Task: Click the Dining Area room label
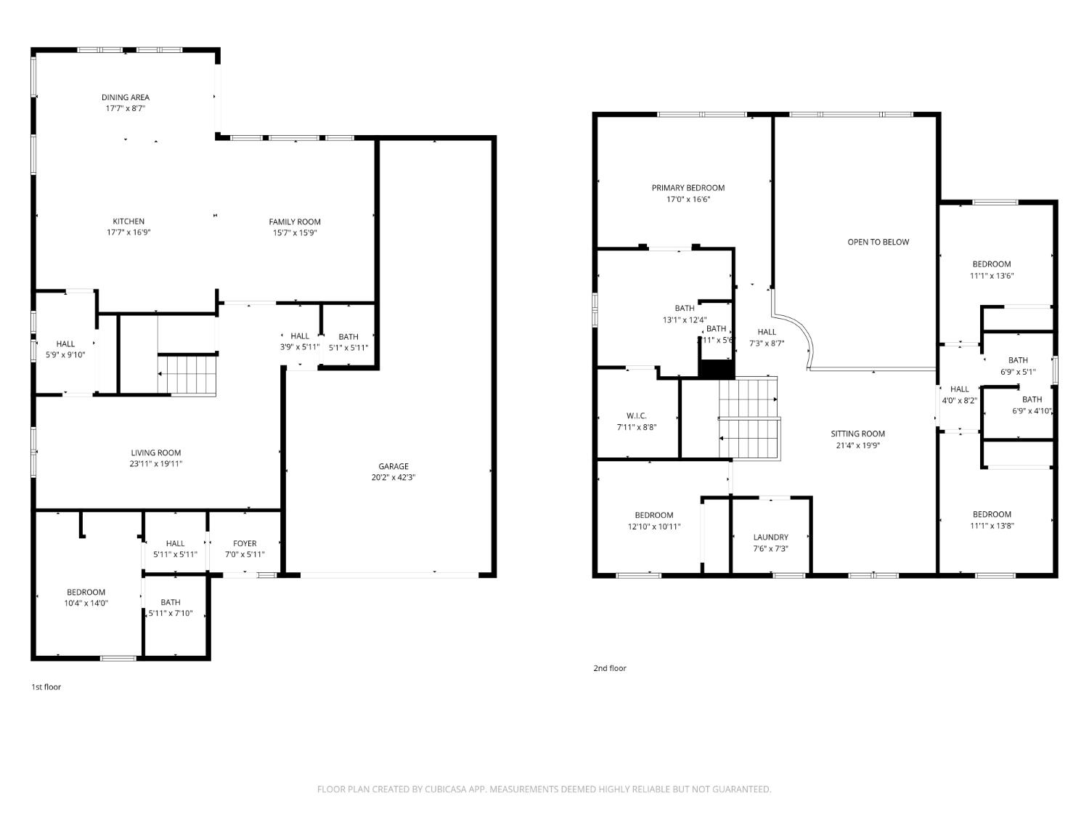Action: coord(125,97)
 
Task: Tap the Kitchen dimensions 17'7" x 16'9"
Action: coord(129,232)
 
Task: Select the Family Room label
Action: coord(294,222)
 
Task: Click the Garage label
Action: coord(393,466)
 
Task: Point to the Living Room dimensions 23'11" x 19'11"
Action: coord(156,463)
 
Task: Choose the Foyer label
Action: coord(245,543)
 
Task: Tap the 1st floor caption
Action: coord(46,686)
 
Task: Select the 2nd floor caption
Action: coord(609,668)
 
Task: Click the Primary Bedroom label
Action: coord(688,188)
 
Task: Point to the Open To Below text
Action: coord(878,242)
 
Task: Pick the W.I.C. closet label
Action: coord(636,416)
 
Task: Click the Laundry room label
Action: coord(770,537)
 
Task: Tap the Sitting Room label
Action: coord(857,434)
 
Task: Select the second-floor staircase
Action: coord(749,419)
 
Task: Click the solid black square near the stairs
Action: coord(717,369)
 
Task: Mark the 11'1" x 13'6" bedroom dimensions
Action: coord(992,275)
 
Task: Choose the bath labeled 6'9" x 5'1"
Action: coord(1018,360)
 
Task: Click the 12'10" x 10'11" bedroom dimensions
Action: coord(654,527)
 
